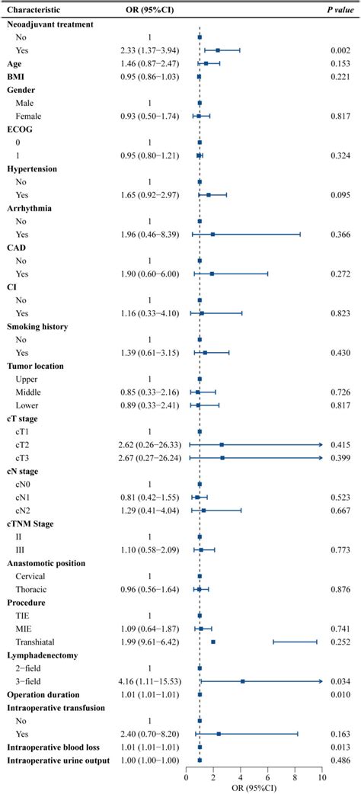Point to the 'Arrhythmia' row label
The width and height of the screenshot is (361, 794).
point(30,222)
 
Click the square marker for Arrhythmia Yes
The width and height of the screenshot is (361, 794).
point(213,235)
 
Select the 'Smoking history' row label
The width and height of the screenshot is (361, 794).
point(38,327)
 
